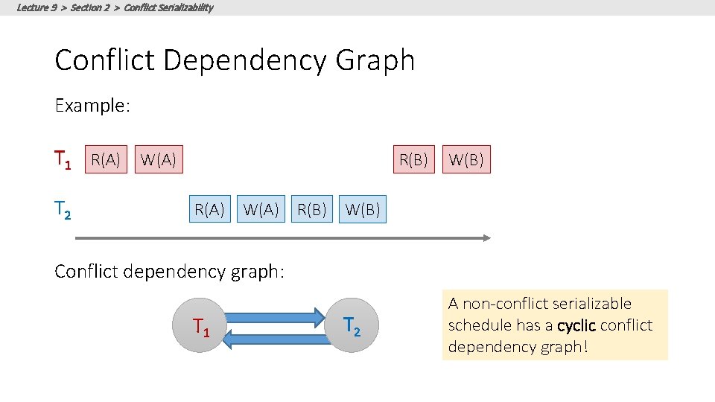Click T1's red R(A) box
click(x=105, y=159)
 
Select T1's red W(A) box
click(x=158, y=159)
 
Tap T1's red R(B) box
click(x=414, y=159)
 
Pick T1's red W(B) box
click(x=467, y=159)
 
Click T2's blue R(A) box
click(x=209, y=210)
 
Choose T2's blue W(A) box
click(x=261, y=210)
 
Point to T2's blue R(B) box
click(x=312, y=210)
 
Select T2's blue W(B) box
click(x=363, y=210)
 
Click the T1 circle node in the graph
click(x=200, y=325)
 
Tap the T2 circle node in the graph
click(x=352, y=325)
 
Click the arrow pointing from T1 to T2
click(x=276, y=316)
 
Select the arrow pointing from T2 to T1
click(x=276, y=339)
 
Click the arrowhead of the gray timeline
click(x=486, y=238)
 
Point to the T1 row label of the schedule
click(x=63, y=159)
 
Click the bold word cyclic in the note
click(x=576, y=325)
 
